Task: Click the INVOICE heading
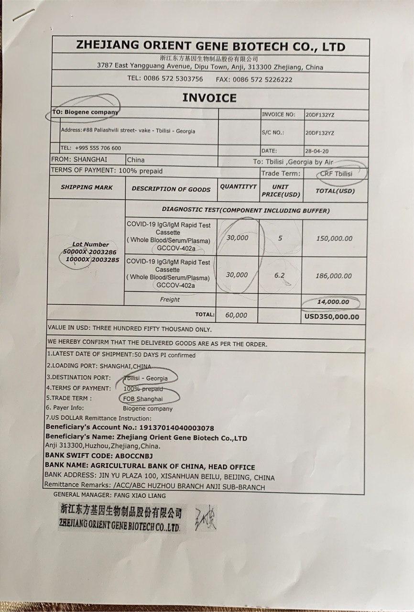(x=209, y=98)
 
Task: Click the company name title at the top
(x=210, y=46)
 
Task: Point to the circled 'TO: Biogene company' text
(x=86, y=111)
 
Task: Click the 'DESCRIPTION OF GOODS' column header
(x=171, y=189)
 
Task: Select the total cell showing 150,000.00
(x=334, y=238)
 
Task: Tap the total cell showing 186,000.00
(x=334, y=276)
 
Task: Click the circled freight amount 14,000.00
(x=333, y=302)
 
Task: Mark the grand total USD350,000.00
(x=332, y=316)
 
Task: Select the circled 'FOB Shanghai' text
(x=142, y=398)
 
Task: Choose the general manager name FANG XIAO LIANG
(x=141, y=495)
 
